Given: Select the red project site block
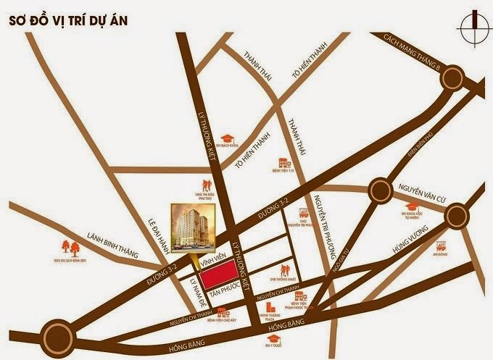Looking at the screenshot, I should pyautogui.click(x=221, y=274).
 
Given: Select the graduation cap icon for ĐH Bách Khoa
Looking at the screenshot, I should pyautogui.click(x=227, y=137).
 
